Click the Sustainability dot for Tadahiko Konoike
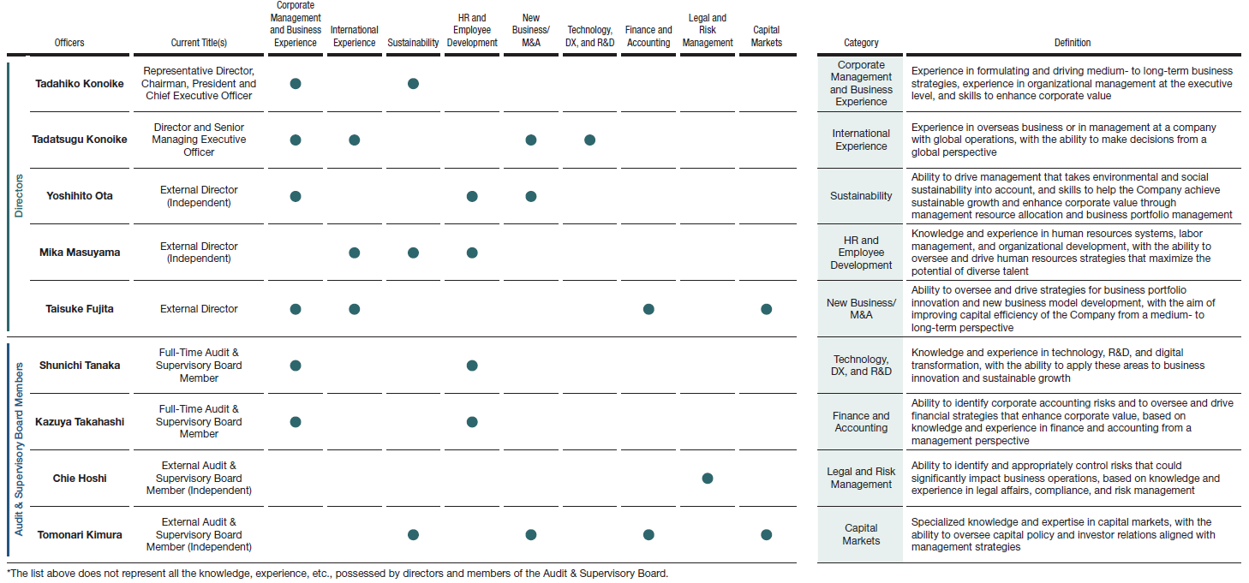click(x=413, y=83)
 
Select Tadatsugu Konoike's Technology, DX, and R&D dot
click(x=589, y=140)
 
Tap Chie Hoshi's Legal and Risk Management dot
click(x=708, y=479)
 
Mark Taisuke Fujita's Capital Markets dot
click(x=766, y=309)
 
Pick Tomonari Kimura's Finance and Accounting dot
click(x=648, y=535)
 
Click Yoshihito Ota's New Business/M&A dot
click(x=531, y=196)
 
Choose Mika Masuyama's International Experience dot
click(x=355, y=253)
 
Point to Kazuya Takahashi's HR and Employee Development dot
click(x=472, y=422)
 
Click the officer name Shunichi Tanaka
click(x=80, y=366)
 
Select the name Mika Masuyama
click(x=80, y=253)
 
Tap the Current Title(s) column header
click(x=199, y=43)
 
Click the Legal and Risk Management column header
click(x=708, y=30)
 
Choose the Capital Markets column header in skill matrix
click(x=766, y=36)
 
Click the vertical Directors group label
click(x=19, y=196)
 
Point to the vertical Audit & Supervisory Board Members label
click(x=19, y=441)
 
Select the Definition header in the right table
click(x=1073, y=43)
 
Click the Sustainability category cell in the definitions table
click(x=861, y=196)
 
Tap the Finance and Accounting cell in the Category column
click(x=861, y=422)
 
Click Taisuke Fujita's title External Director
click(x=199, y=309)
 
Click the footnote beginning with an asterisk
click(x=337, y=574)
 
